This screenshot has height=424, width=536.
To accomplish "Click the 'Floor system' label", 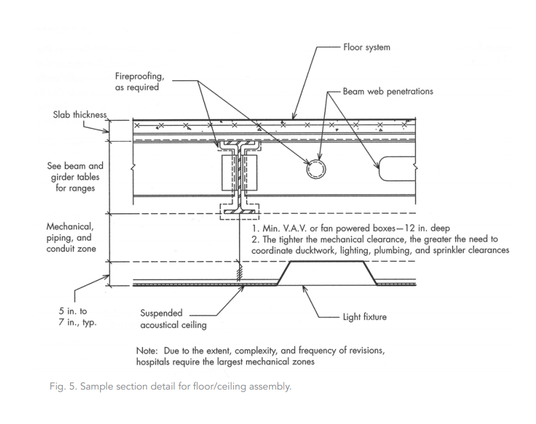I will pos(367,48).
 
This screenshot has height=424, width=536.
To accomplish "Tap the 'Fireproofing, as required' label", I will pos(137,81).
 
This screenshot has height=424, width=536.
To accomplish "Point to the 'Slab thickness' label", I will pos(80,114).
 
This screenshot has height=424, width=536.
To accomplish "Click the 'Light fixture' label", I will pos(363,317).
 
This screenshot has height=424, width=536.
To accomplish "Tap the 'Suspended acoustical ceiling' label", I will pos(164,319).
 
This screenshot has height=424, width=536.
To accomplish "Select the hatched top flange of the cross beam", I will pos(239,143).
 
